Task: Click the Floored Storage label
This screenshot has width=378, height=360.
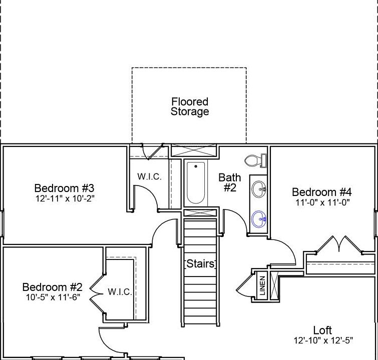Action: (x=190, y=106)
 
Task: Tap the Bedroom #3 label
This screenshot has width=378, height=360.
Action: (x=64, y=188)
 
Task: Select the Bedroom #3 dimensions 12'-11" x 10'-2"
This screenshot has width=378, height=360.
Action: (x=64, y=198)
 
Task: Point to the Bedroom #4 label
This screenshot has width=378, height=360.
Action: (x=322, y=192)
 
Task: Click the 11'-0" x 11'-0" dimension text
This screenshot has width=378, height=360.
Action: (x=322, y=202)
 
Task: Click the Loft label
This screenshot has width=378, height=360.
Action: (x=322, y=330)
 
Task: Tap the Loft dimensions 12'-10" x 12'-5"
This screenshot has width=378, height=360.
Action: (x=323, y=340)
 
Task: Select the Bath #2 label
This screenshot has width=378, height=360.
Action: (x=230, y=182)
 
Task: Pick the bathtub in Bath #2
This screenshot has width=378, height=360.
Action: (x=195, y=182)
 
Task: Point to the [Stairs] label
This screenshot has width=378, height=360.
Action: (x=200, y=263)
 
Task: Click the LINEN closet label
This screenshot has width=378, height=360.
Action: (x=262, y=286)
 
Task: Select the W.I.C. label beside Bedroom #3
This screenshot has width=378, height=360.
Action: (x=150, y=176)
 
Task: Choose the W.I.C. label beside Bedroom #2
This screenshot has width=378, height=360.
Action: (x=120, y=292)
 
